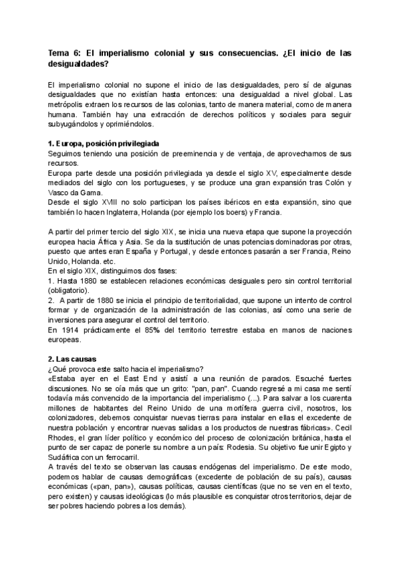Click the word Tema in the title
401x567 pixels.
(60, 53)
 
